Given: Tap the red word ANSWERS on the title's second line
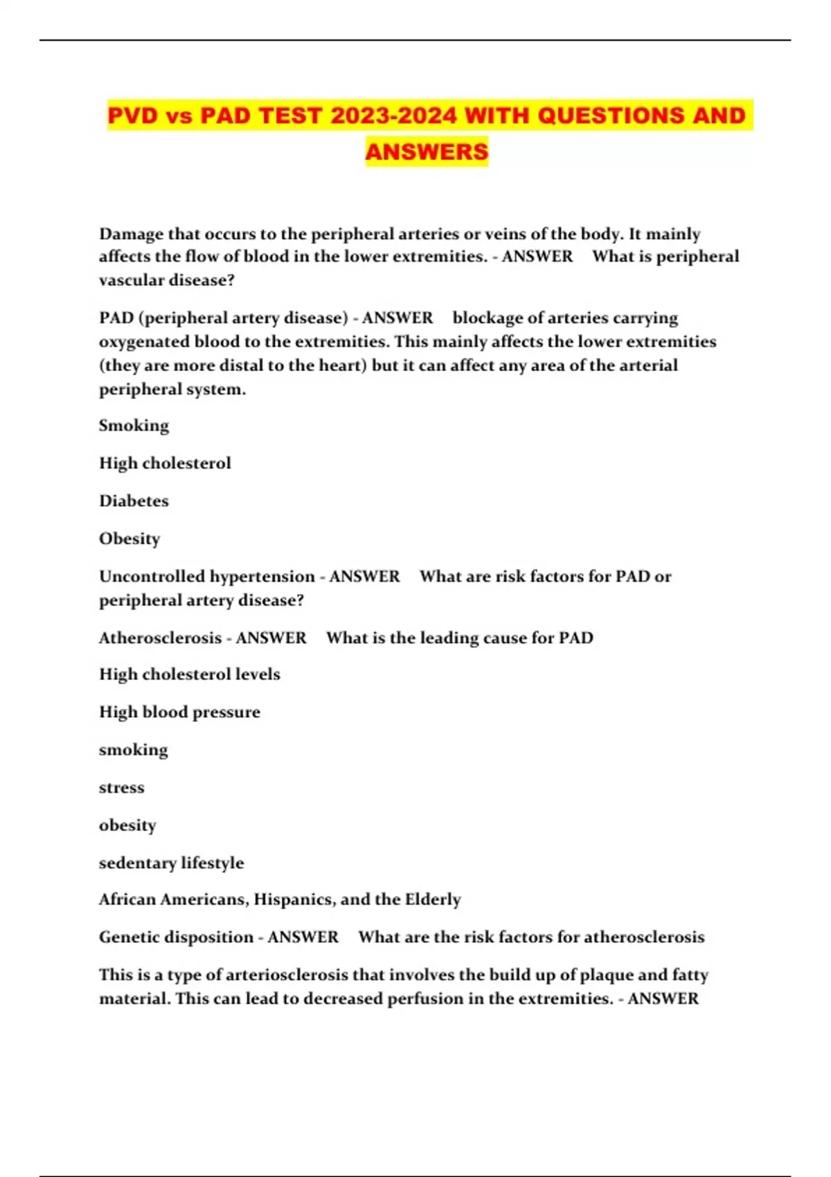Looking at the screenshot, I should coord(427,151).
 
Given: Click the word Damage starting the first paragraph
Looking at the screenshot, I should coord(131,234).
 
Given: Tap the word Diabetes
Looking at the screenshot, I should coord(134,501).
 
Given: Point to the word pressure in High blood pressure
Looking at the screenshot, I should coord(226,712).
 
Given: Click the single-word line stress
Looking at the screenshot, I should coord(122,788).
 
